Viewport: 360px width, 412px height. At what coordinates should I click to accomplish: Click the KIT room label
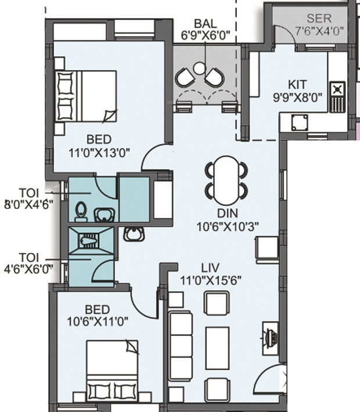tap(296, 84)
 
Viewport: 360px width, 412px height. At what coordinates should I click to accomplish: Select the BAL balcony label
tap(206, 23)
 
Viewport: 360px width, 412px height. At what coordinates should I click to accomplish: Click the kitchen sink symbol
tap(300, 122)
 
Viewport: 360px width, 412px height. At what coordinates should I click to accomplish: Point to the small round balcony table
tap(199, 68)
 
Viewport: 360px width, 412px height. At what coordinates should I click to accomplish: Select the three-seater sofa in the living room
tap(180, 343)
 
